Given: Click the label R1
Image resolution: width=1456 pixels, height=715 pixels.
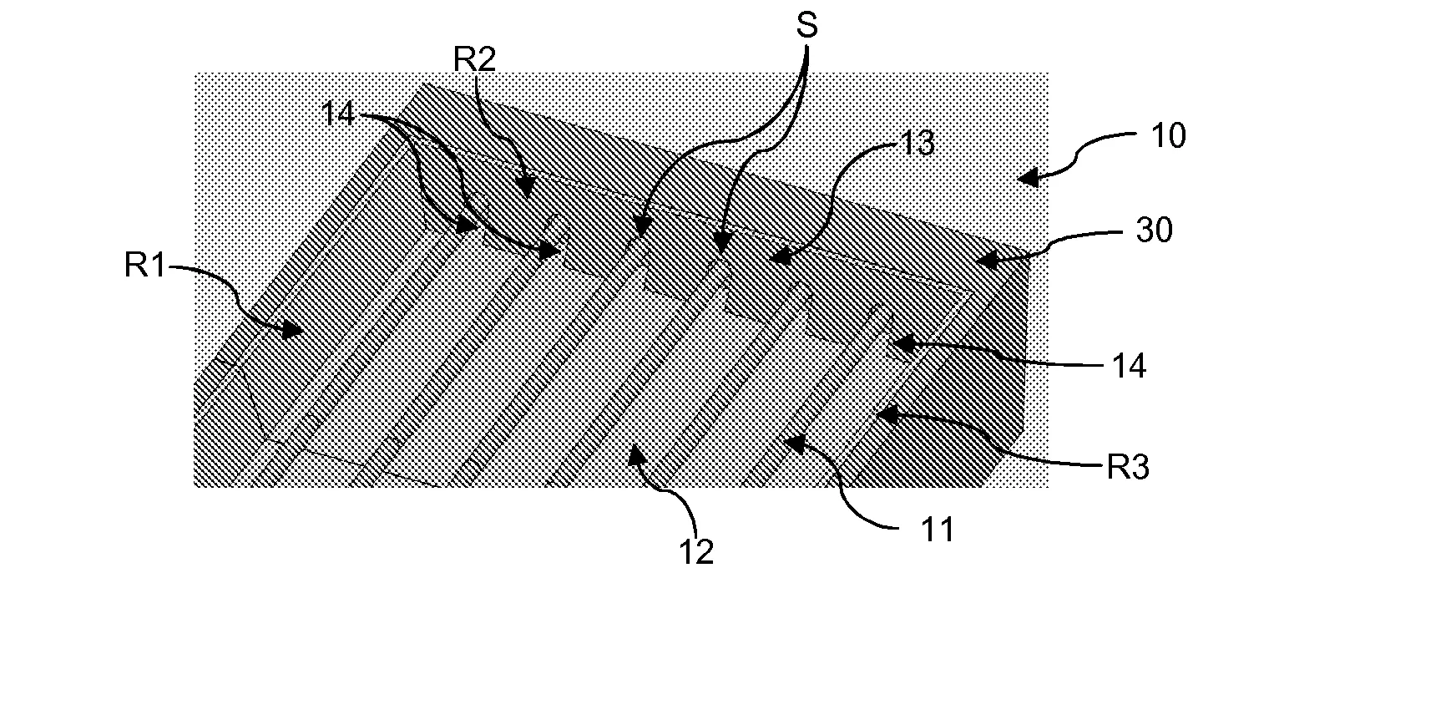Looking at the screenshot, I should click(146, 266).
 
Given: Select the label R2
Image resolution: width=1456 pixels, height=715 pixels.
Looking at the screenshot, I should click(474, 59).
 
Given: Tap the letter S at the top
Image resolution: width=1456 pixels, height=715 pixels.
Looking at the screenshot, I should click(806, 26).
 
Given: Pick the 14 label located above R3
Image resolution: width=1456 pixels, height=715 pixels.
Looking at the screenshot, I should click(1129, 366).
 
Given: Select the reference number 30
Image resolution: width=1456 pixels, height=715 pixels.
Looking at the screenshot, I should click(1155, 231).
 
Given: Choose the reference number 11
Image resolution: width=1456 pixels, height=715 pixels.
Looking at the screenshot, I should click(936, 530).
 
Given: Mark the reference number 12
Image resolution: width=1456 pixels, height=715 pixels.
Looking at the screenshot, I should click(695, 552).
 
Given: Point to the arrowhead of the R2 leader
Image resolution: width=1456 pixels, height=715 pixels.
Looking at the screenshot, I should click(526, 188).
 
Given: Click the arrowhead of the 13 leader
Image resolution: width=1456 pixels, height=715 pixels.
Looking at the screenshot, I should click(776, 256).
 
